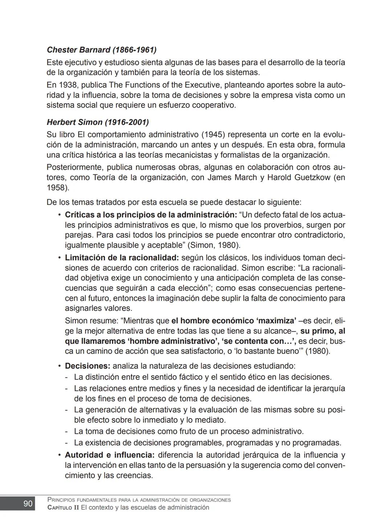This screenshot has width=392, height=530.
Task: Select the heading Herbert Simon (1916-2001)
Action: coord(98,122)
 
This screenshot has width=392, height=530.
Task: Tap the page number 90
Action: coord(28,503)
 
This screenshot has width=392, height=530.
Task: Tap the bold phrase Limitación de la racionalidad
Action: coord(122,258)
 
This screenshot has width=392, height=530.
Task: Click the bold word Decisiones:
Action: coord(87,366)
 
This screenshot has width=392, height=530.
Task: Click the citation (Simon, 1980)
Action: coord(214,245)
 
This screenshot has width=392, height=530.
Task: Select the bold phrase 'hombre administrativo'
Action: coord(173,341)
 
